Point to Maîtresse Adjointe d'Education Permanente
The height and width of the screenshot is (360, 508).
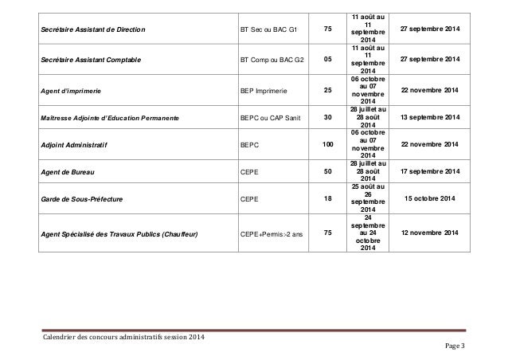click(110, 119)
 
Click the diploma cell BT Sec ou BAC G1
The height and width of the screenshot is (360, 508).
click(268, 30)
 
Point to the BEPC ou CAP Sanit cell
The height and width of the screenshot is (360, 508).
click(271, 119)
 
